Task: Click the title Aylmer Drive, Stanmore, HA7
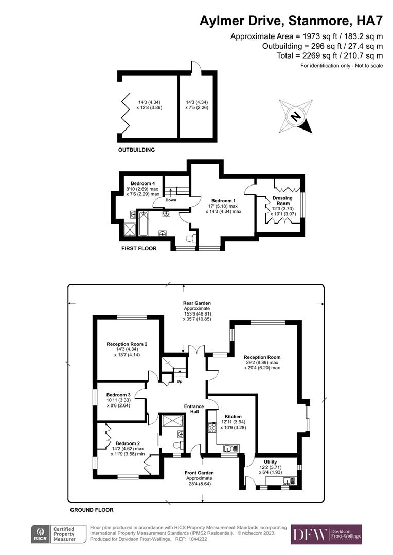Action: click(x=291, y=21)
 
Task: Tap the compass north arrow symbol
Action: click(x=296, y=117)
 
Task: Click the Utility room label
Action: click(x=270, y=462)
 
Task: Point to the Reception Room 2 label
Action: click(x=127, y=344)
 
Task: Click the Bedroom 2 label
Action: click(x=127, y=443)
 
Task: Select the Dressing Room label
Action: click(x=282, y=200)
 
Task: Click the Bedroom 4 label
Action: click(x=142, y=183)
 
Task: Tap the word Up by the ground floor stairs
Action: click(x=179, y=382)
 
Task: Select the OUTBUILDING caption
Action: click(x=136, y=150)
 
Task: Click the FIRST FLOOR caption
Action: click(x=138, y=248)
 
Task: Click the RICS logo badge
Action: click(x=40, y=534)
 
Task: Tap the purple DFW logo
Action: click(x=326, y=534)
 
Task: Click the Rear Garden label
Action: click(x=196, y=303)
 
